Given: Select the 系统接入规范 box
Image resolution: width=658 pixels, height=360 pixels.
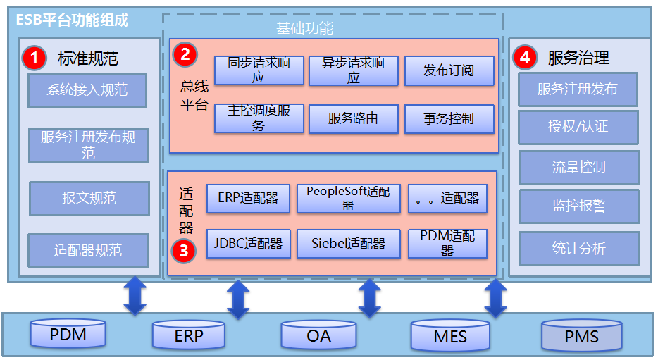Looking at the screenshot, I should click(87, 89).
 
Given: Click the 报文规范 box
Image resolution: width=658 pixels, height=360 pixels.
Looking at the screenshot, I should click(89, 199).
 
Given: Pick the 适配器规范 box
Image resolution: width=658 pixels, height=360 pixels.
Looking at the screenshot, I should click(88, 251).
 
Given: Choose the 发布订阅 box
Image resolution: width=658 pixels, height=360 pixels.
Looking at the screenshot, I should click(449, 70).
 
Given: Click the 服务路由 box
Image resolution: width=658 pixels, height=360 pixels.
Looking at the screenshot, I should click(353, 119).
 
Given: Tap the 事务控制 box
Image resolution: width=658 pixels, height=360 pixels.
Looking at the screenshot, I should click(449, 119).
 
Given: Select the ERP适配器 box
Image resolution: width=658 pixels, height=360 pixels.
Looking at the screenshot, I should click(248, 198).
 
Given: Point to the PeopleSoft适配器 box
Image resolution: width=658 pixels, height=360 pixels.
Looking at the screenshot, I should click(348, 198).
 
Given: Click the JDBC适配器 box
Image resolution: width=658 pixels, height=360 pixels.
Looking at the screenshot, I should click(248, 244).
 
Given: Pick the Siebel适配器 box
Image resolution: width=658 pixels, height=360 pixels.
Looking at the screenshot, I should click(348, 244).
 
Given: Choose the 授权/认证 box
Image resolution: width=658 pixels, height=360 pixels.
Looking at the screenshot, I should click(578, 127).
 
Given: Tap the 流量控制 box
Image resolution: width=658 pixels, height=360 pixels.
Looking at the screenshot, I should click(578, 167).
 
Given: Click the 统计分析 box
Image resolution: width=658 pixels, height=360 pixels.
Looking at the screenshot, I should click(578, 249).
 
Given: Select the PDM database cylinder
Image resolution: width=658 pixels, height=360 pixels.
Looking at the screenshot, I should click(68, 334).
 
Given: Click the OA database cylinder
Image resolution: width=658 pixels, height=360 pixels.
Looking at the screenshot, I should click(318, 335).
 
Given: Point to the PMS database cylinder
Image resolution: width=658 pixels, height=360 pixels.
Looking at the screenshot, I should click(581, 335).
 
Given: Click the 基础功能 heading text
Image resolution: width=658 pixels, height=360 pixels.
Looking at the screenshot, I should click(304, 29).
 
